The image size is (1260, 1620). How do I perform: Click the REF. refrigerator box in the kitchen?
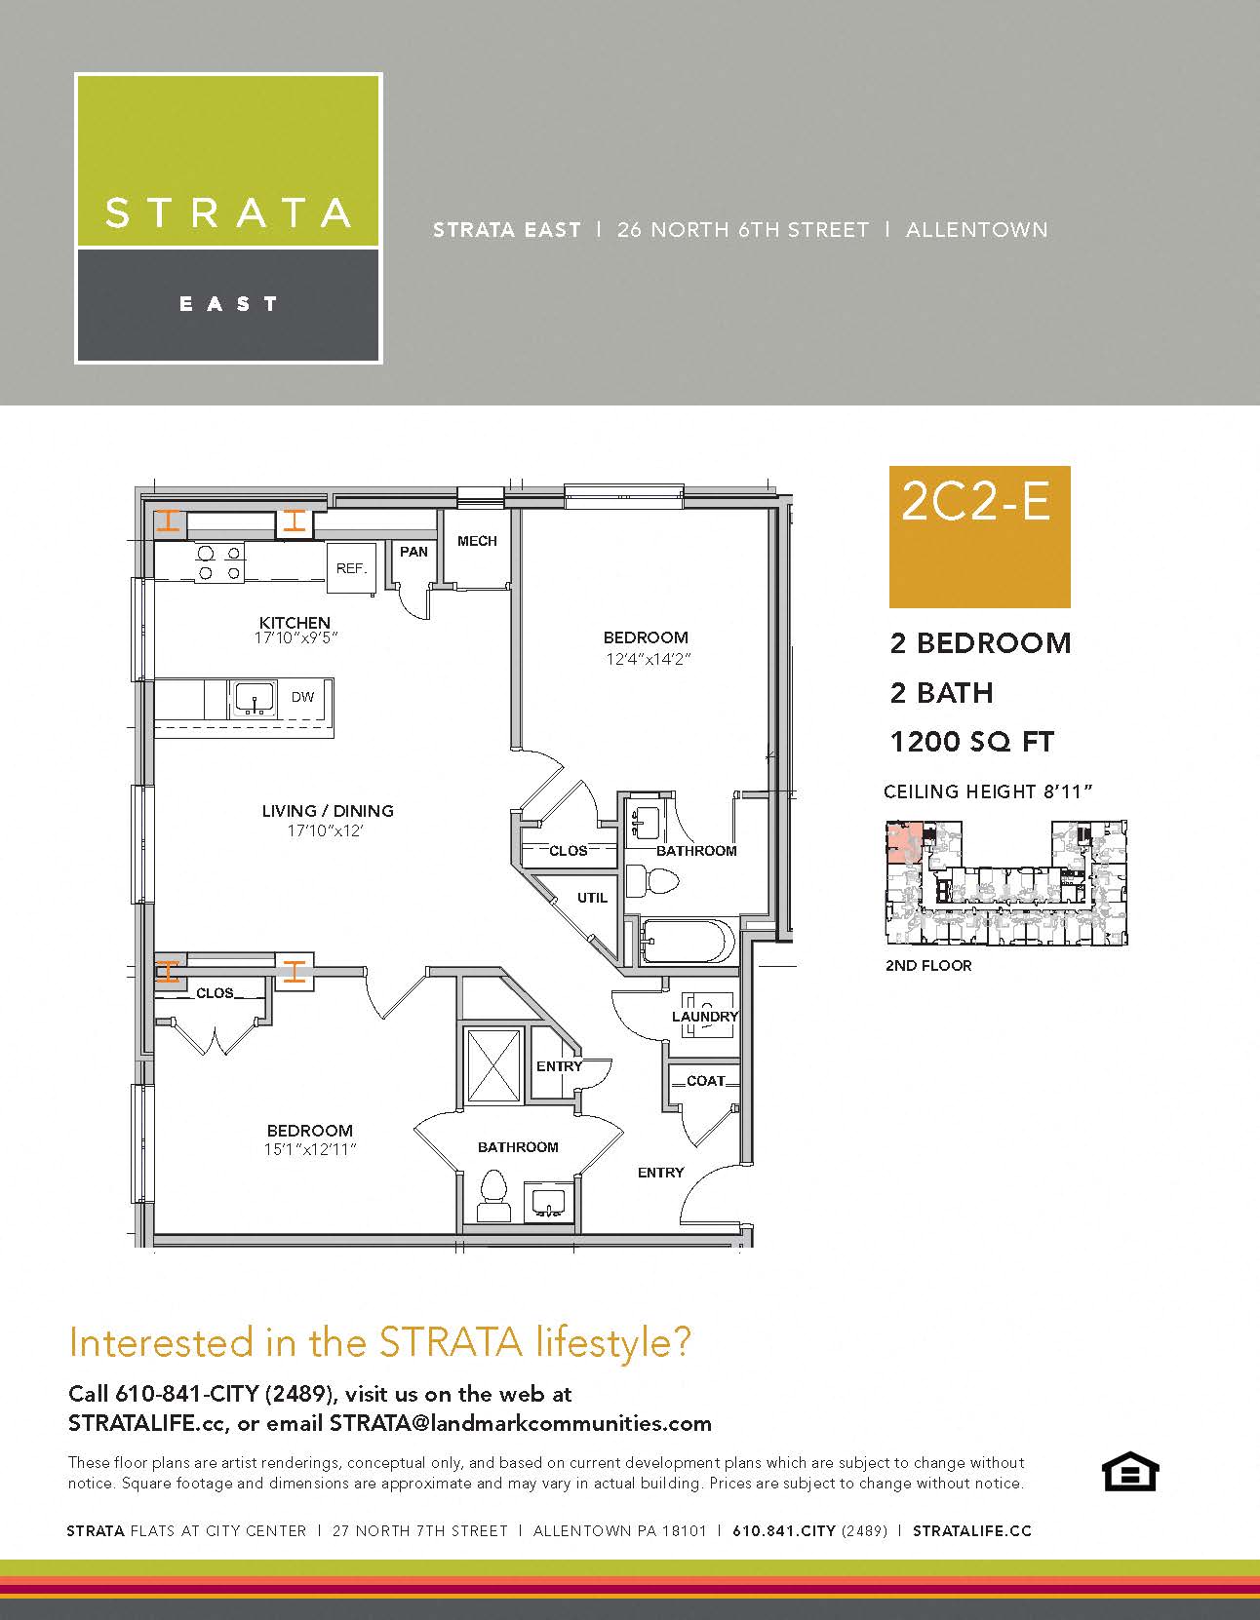point(351,567)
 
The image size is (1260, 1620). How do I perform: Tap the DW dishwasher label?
point(303,697)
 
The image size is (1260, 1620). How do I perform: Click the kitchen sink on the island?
point(254,699)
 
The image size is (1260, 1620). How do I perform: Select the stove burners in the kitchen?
point(219,563)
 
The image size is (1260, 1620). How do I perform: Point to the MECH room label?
point(477,541)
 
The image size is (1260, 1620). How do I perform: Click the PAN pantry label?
point(413,552)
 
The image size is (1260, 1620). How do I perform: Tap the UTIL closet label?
point(592,898)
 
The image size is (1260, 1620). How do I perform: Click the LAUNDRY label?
point(705,1017)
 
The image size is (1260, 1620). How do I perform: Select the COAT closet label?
point(706,1081)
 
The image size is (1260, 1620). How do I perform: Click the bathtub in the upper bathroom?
point(687,943)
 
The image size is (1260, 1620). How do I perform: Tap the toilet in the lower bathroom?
point(493,1195)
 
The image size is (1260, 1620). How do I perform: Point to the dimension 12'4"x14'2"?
point(646,659)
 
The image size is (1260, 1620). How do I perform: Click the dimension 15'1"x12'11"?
point(310,1150)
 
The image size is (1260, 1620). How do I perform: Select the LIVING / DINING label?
point(328,811)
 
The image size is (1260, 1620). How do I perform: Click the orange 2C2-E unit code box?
point(979,537)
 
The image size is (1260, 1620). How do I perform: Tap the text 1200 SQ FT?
point(972,743)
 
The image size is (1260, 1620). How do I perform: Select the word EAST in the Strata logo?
point(229,304)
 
